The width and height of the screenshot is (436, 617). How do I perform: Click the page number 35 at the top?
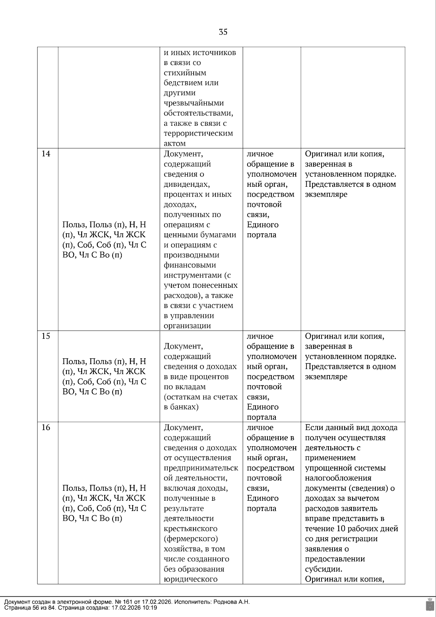pyautogui.click(x=223, y=32)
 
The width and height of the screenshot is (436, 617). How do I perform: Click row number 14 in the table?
pyautogui.click(x=46, y=154)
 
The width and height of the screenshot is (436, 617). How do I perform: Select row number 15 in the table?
pyautogui.click(x=46, y=336)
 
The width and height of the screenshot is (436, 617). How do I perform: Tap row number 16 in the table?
pyautogui.click(x=46, y=427)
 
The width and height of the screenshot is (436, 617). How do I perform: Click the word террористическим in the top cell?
pyautogui.click(x=198, y=133)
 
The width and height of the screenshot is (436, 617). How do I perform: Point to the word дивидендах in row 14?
pyautogui.click(x=186, y=184)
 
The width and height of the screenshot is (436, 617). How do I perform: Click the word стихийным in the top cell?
pyautogui.click(x=185, y=73)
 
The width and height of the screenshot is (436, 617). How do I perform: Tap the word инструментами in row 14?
pyautogui.click(x=193, y=275)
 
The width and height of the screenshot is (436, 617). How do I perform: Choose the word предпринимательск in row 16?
pyautogui.click(x=201, y=468)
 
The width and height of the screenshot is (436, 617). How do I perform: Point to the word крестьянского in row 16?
pyautogui.click(x=190, y=529)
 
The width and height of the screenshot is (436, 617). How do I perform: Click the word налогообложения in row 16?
pyautogui.click(x=338, y=478)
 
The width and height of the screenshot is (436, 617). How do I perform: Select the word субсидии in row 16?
pyautogui.click(x=323, y=569)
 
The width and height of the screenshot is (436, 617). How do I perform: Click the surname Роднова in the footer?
pyautogui.click(x=227, y=602)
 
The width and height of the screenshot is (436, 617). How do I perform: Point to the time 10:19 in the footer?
pyautogui.click(x=150, y=608)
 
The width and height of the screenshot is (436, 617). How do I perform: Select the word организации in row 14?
pyautogui.click(x=187, y=326)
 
